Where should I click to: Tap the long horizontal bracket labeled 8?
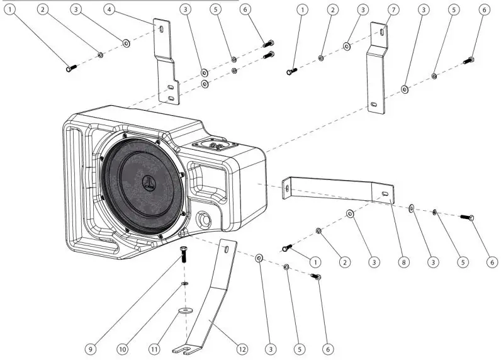340,188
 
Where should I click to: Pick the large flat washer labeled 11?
184,310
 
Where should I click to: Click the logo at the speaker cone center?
148,184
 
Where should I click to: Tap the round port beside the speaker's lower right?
204,220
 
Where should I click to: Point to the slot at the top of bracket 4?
162,29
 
